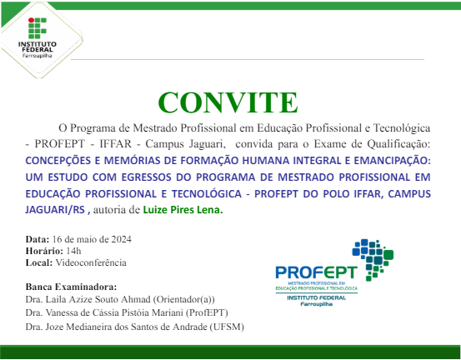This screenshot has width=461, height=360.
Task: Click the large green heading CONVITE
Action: click(x=227, y=102)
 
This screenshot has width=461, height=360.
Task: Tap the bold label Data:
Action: click(x=38, y=239)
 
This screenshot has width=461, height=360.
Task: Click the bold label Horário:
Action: click(x=42, y=251)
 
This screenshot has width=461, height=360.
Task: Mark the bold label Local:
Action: click(x=39, y=262)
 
